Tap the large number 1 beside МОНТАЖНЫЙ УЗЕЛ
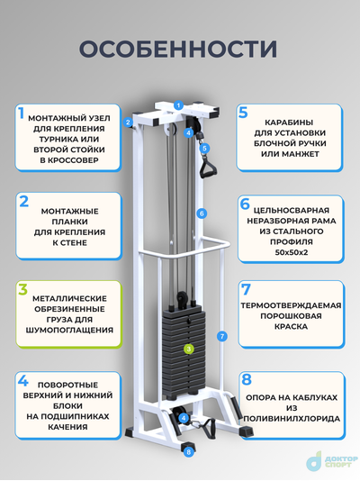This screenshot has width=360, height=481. point(20,114)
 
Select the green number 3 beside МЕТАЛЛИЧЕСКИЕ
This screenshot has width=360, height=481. point(20,290)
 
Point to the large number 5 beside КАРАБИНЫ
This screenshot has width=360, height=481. point(243,113)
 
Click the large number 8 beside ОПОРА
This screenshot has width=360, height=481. point(245,379)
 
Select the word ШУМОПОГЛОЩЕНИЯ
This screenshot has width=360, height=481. point(70,330)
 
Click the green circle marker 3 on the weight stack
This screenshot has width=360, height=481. point(189,348)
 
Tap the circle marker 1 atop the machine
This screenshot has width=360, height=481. point(178,106)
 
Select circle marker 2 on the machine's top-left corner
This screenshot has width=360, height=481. point(129,122)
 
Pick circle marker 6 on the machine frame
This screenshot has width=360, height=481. point(202,213)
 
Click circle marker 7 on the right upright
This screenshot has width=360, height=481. point(221,336)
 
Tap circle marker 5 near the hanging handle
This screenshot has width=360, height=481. point(204,148)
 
